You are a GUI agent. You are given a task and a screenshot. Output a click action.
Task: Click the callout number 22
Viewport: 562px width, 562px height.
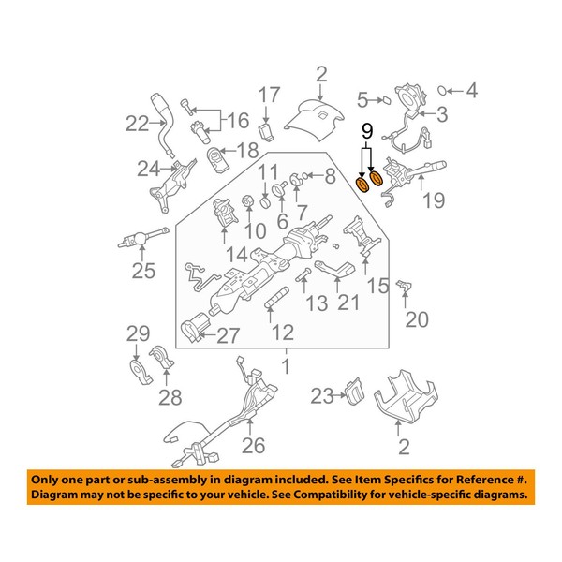point(138,122)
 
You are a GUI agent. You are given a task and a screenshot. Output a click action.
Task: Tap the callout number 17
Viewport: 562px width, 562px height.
point(269,95)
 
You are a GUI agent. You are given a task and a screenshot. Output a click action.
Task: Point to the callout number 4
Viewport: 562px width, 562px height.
point(472,91)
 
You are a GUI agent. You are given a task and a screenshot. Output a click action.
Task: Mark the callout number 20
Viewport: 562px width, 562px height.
point(416,319)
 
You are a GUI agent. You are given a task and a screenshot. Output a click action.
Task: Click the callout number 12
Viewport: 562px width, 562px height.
point(283,332)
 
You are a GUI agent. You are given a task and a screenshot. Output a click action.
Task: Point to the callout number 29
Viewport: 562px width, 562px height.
point(139,334)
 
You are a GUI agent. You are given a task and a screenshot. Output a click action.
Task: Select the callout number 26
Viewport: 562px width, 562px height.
point(254,445)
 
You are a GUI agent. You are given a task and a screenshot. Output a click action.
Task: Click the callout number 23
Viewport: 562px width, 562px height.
point(321,396)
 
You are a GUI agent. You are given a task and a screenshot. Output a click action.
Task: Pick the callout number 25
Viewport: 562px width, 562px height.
point(142,272)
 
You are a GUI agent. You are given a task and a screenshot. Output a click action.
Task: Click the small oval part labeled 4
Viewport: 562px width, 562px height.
point(446,91)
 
